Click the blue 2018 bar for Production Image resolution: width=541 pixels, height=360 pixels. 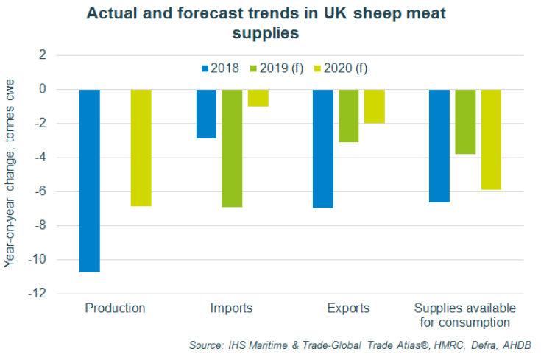(x=90, y=180)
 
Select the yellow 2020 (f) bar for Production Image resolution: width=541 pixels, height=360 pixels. (x=141, y=147)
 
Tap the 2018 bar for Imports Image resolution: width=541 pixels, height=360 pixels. (x=206, y=113)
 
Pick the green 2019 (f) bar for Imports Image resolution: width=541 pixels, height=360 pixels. (x=232, y=148)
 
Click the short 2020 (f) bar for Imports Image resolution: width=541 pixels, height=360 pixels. (x=258, y=98)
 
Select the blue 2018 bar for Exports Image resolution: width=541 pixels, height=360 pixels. (x=323, y=148)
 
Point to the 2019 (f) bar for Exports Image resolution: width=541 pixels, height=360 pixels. (x=348, y=116)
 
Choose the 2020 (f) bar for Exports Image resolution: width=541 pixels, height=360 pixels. (x=374, y=106)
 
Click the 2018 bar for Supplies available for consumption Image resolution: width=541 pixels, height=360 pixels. (x=439, y=146)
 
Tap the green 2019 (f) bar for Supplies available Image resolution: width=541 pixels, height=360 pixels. (x=465, y=121)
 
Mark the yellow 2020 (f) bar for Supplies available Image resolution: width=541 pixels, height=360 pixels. (x=491, y=139)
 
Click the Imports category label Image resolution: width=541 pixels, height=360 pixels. (x=231, y=308)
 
